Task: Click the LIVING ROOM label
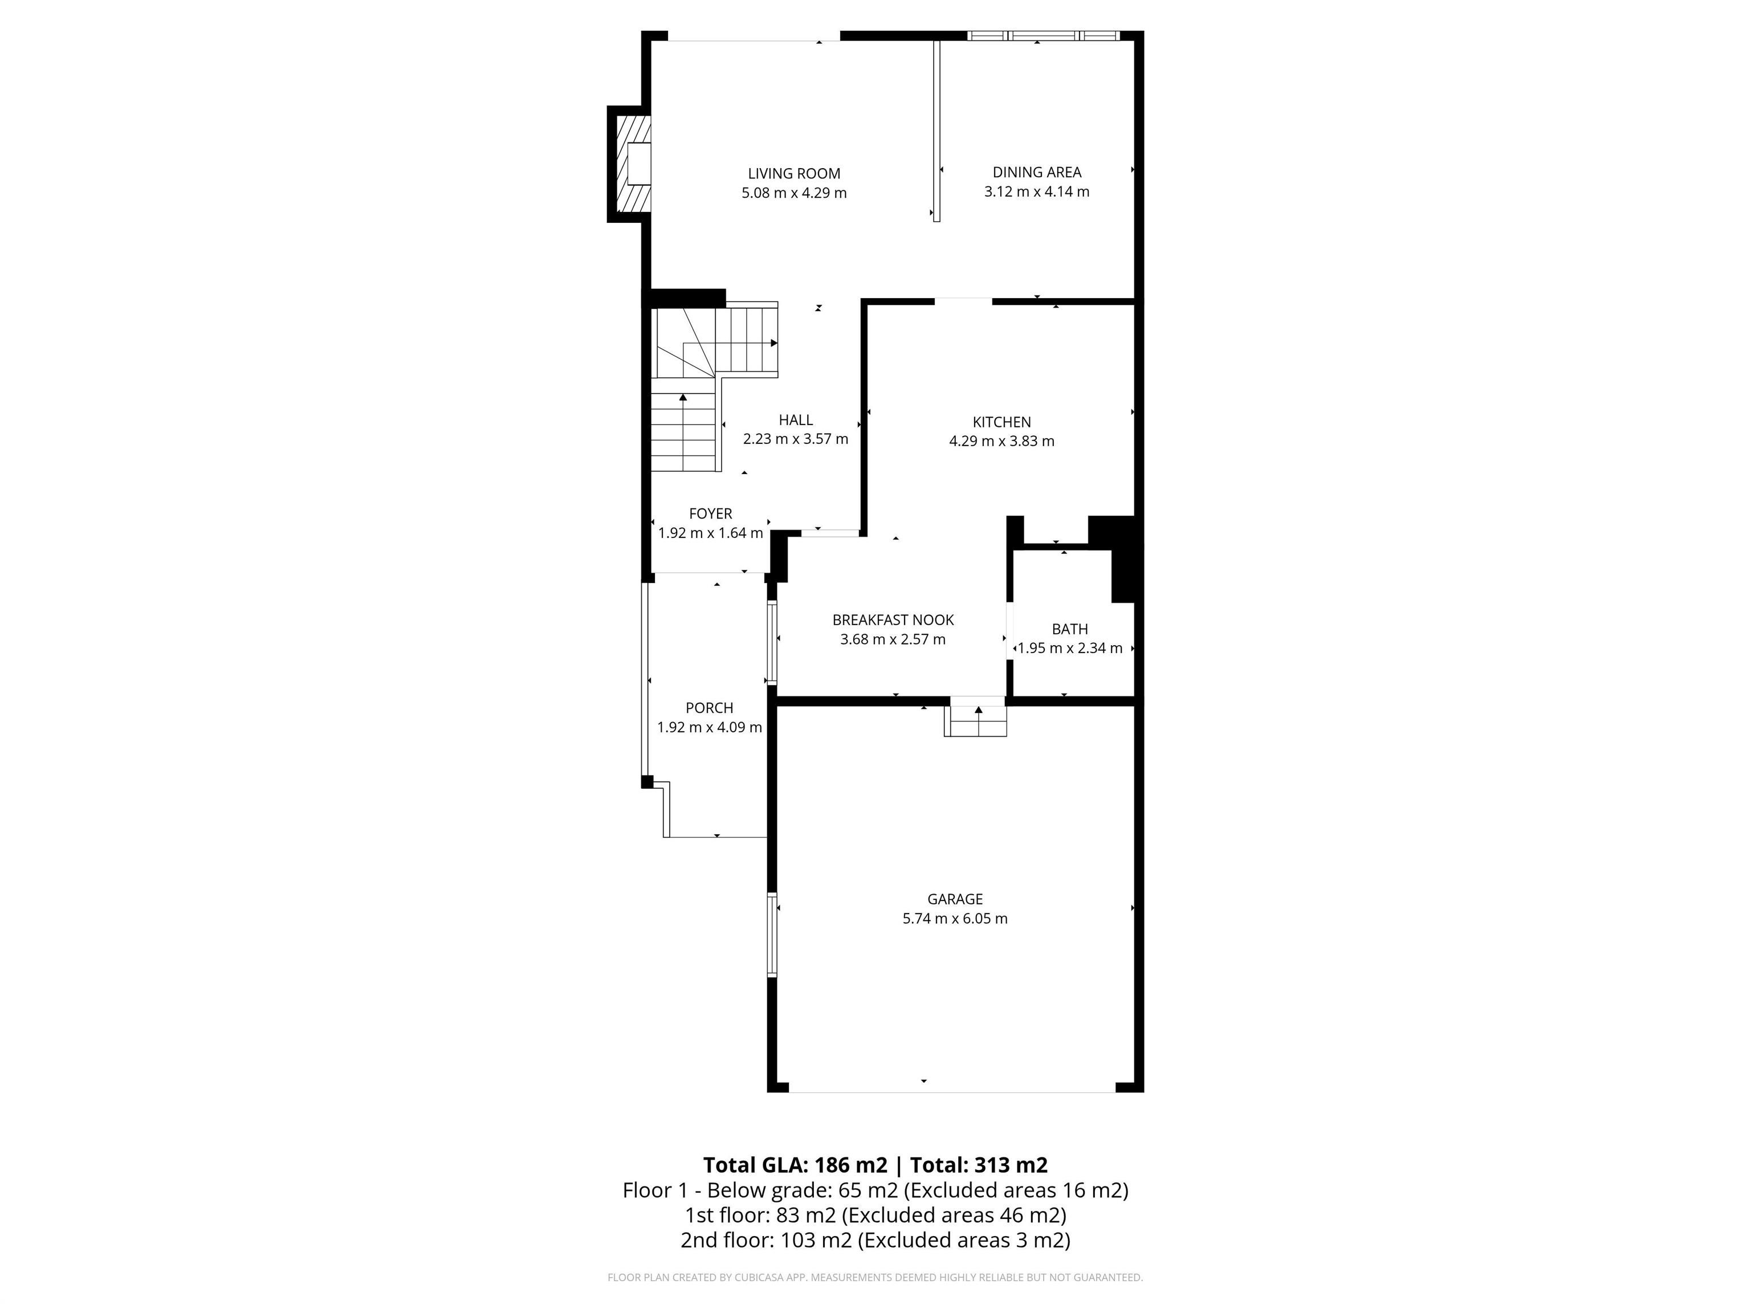point(794,173)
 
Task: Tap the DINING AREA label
point(1036,172)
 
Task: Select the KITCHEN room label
point(1001,422)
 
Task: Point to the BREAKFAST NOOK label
point(893,619)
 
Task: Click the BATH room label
point(1069,629)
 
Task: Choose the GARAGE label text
point(955,899)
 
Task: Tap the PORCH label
point(709,708)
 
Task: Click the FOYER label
point(710,513)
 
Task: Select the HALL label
point(796,420)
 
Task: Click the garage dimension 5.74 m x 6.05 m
point(955,919)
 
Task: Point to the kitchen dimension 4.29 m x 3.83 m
point(1001,442)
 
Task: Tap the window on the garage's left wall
point(772,935)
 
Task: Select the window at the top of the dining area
point(1043,35)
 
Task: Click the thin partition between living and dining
point(936,131)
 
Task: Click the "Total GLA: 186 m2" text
point(795,1165)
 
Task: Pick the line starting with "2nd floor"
point(875,1240)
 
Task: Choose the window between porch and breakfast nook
point(771,642)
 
